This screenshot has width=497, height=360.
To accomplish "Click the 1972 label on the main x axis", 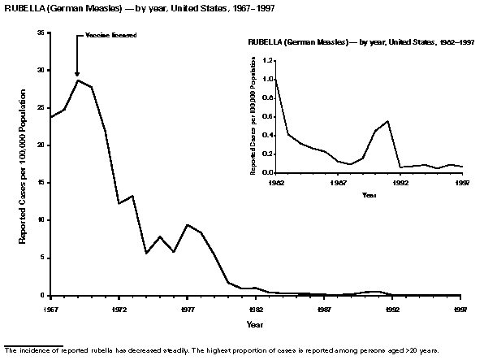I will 119,310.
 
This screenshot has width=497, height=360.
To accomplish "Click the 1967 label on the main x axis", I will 50,310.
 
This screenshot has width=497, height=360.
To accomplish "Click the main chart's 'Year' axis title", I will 255,324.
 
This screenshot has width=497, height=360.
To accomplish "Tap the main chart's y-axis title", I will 24,164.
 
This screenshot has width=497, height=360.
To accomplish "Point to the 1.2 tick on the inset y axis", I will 269,60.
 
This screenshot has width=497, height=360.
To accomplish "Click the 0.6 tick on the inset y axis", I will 269,115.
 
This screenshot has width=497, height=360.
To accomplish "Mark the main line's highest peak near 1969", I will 78,80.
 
